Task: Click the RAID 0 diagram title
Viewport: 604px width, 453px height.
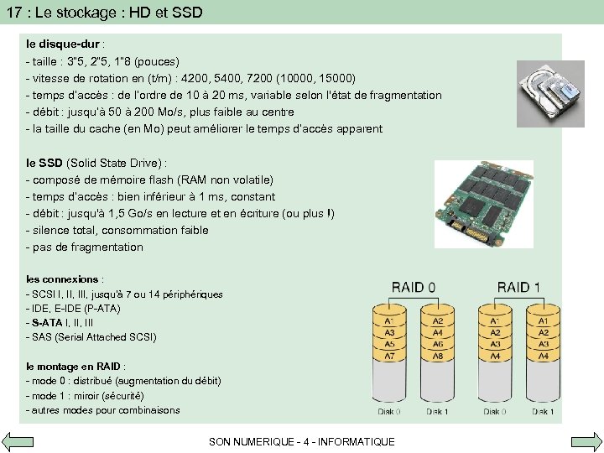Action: coord(413,288)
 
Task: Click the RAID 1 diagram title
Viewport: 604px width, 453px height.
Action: coord(518,288)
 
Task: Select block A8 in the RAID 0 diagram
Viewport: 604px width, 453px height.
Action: coord(437,356)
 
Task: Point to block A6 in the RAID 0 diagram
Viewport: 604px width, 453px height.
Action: coord(437,344)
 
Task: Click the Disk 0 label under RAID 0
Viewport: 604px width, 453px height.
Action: coord(389,411)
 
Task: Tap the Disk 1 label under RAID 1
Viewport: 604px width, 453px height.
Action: coord(543,411)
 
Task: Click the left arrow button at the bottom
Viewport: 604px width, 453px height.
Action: coord(17,441)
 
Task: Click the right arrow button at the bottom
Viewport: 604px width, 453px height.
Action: coord(586,441)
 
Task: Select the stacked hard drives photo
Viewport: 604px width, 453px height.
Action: coord(549,93)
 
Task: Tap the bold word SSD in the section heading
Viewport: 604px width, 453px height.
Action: coord(50,163)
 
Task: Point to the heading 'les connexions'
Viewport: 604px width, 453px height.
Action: coord(63,279)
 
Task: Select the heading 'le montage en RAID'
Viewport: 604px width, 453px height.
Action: coord(75,366)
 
